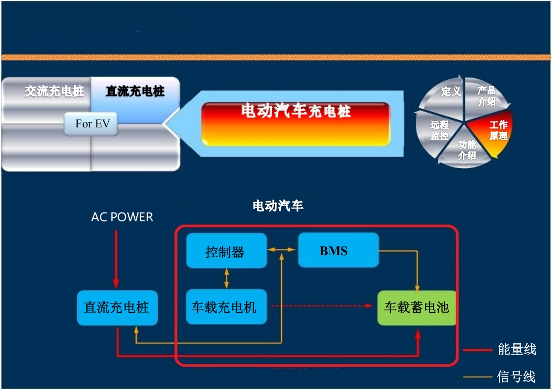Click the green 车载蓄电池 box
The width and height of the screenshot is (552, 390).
pos(416,307)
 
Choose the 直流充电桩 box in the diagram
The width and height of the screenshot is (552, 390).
pos(117,307)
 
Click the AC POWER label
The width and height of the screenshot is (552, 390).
pos(122,217)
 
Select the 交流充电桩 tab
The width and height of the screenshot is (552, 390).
pos(54,91)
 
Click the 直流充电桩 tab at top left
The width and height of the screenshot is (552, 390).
pos(135,91)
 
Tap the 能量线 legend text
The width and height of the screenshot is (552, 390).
pos(517,350)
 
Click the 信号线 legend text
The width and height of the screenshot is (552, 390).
pos(516,377)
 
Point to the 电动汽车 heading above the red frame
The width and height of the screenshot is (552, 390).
pos(278,206)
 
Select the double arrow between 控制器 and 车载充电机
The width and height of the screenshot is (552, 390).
pos(226,278)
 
